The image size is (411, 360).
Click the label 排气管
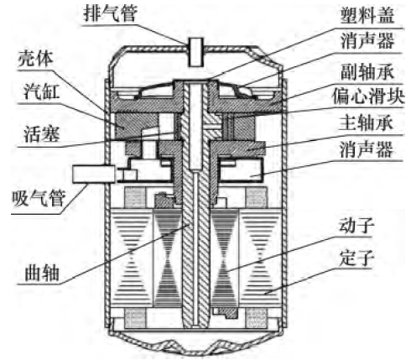tap(111, 13)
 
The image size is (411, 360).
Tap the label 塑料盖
tap(367, 15)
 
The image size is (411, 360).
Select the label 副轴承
tap(367, 71)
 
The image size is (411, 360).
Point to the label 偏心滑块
tap(368, 96)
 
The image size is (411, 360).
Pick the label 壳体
tap(35, 59)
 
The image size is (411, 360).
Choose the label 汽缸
tap(42, 91)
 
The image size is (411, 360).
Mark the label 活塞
tap(42, 133)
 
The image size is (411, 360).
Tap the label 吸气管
tap(39, 198)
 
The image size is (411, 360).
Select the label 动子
tap(356, 225)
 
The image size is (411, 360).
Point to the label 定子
tap(356, 258)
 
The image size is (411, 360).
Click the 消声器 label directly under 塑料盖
tap(367, 41)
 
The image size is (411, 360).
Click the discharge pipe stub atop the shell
tap(195, 52)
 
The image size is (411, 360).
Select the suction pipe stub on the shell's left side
tap(94, 174)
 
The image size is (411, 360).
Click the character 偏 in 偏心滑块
tap(341, 96)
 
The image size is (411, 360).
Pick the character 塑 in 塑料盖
tap(349, 15)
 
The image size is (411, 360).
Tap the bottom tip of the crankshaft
tap(195, 326)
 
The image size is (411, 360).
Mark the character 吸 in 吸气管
tap(20, 198)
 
